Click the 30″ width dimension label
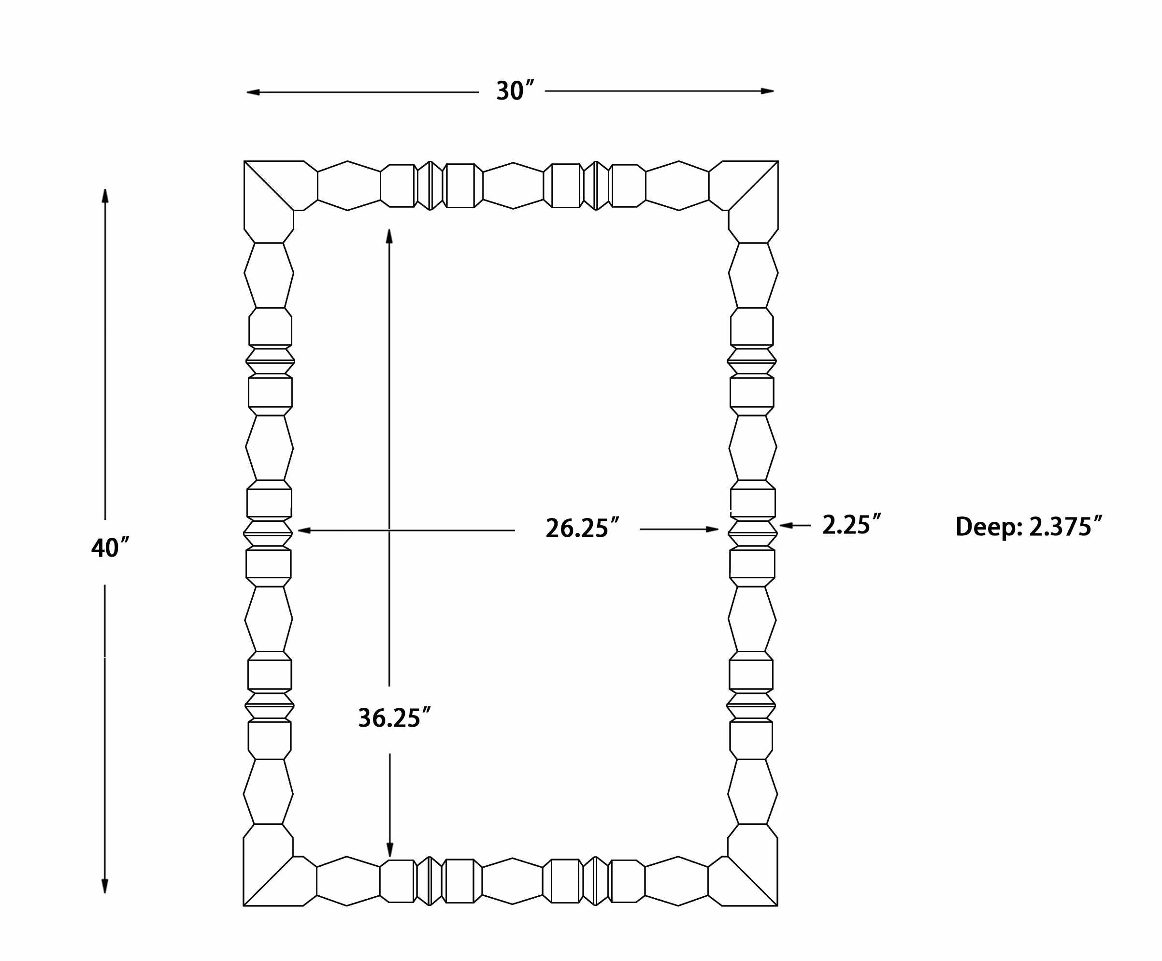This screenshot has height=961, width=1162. point(515,91)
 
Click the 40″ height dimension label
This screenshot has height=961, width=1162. point(110,548)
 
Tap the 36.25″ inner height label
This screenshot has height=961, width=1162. point(394,717)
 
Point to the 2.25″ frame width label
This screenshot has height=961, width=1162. point(851,525)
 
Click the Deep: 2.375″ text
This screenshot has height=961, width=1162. point(1029,526)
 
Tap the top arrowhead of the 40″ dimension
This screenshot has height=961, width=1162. point(105,196)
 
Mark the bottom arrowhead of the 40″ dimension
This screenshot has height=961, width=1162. point(104,886)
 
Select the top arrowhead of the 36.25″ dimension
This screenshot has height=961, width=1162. point(389,236)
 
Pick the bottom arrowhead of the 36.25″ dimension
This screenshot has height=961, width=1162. point(389,850)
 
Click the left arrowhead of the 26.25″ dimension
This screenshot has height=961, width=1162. point(304,530)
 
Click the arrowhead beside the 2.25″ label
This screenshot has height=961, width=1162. point(786,525)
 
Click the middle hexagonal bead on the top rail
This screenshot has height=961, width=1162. point(513,186)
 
